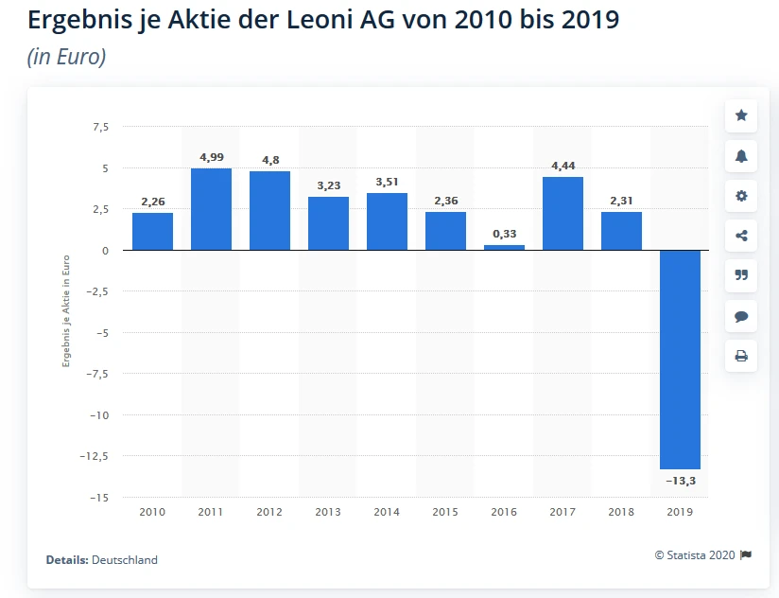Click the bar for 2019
(x=680, y=360)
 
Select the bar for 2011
(x=211, y=209)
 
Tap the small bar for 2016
(x=504, y=247)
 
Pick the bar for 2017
(x=563, y=214)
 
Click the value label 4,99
(x=211, y=156)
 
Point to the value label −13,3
(x=680, y=481)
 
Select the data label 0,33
(x=504, y=233)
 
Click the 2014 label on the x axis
(x=387, y=512)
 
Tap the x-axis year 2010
(x=152, y=512)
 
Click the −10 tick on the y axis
(x=96, y=414)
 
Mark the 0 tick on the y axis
(x=104, y=251)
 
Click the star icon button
(x=741, y=115)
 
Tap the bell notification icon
(x=741, y=156)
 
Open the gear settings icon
(x=741, y=196)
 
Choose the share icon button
(x=741, y=236)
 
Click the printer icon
(x=741, y=356)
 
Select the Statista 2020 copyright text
(x=695, y=555)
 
